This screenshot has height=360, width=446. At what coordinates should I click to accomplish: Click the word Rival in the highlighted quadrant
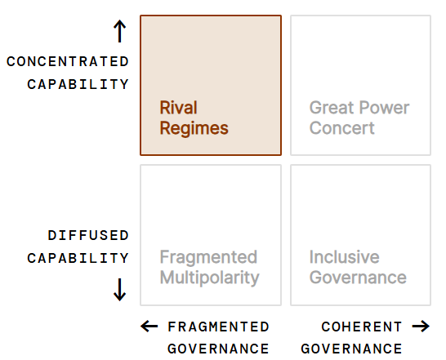(x=178, y=108)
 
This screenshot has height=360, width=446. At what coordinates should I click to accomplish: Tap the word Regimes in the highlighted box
(x=194, y=129)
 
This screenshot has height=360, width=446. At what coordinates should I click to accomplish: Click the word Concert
(x=342, y=128)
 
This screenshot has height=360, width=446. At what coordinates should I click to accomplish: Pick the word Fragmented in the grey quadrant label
(x=208, y=258)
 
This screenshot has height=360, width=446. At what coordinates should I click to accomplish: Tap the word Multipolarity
(x=210, y=278)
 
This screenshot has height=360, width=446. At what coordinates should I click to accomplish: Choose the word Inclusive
(x=344, y=257)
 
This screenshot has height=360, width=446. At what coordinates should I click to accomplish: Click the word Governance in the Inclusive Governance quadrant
(x=358, y=278)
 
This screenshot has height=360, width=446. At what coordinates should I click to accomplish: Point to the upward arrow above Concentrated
(x=120, y=31)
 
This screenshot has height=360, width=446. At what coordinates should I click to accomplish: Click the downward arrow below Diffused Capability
(x=120, y=290)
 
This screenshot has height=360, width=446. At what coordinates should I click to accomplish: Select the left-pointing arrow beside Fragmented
(x=149, y=327)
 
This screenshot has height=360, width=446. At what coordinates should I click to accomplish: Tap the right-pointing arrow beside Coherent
(x=421, y=327)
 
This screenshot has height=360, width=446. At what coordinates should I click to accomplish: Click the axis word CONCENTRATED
(x=68, y=62)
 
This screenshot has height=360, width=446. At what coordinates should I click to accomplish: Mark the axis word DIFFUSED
(x=88, y=235)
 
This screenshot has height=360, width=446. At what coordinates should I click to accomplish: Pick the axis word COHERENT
(x=362, y=327)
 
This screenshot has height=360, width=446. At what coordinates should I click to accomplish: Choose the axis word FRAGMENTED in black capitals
(x=218, y=327)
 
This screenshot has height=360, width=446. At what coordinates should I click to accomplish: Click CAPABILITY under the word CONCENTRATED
(x=78, y=84)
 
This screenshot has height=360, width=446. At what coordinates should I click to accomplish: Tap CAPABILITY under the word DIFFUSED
(x=78, y=258)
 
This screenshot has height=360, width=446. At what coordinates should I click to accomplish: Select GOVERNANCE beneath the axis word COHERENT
(x=351, y=349)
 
